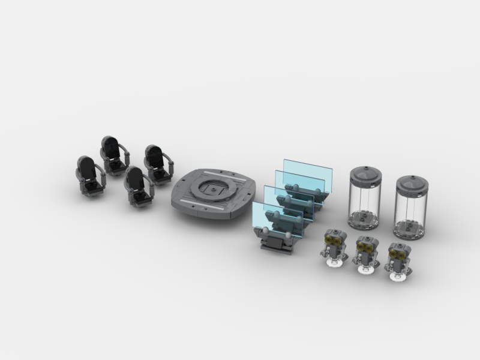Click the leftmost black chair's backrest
tap(86, 168)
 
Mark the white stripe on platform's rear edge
tap(223, 171)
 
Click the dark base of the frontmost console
tap(277, 245)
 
